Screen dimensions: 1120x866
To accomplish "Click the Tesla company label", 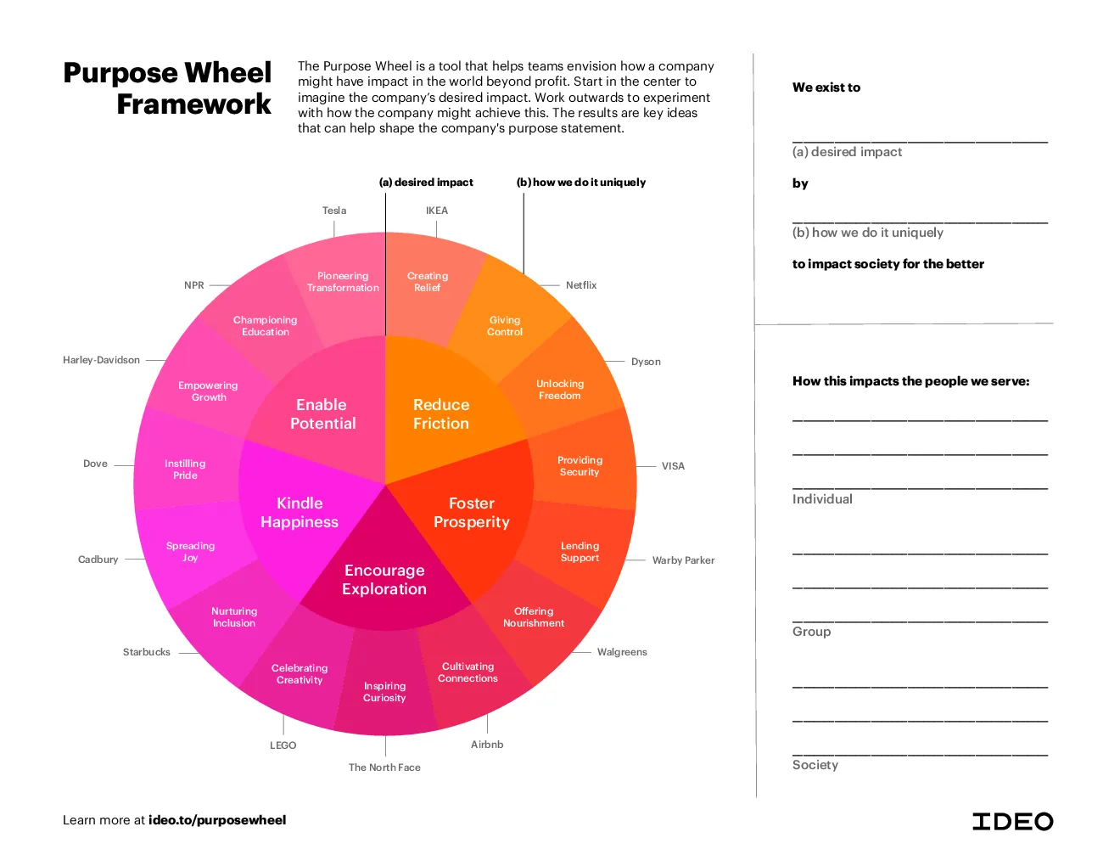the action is [x=334, y=211].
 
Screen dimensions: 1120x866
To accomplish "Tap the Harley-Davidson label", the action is [x=101, y=360].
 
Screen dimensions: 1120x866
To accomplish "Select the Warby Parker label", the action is [x=683, y=560].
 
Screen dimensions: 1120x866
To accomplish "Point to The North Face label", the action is [x=384, y=768].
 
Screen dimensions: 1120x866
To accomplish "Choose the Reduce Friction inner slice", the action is [x=441, y=414].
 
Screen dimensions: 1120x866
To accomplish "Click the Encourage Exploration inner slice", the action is [x=384, y=579].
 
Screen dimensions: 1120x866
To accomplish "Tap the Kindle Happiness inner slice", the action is [x=300, y=512].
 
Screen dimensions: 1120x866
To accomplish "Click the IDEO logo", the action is [x=1012, y=822].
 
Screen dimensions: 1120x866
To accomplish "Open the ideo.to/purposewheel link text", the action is [x=217, y=820].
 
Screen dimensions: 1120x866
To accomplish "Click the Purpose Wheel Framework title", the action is [x=167, y=87].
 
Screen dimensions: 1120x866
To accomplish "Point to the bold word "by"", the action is [x=800, y=184].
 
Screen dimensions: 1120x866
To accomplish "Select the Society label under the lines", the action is [x=815, y=765].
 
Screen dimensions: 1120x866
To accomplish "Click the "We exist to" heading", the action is [x=826, y=87].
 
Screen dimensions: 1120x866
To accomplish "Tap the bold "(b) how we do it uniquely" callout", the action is [x=581, y=183].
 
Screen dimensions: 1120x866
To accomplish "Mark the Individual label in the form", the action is [x=822, y=499].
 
